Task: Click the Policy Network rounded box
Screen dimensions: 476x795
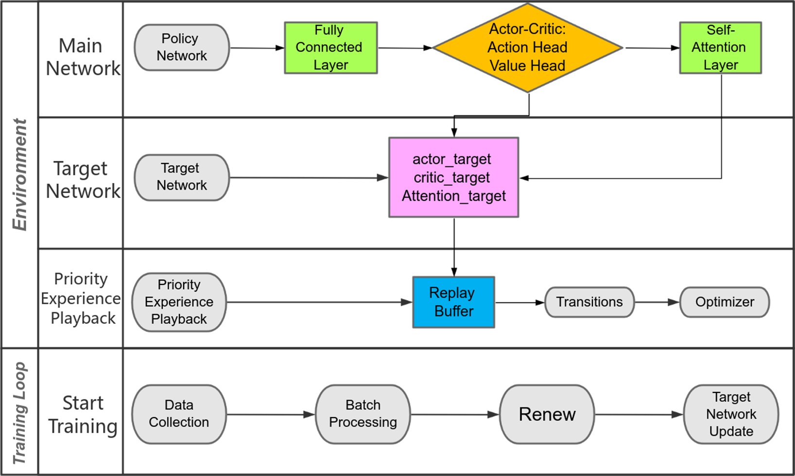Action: pyautogui.click(x=181, y=48)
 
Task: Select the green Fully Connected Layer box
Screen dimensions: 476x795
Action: pyautogui.click(x=330, y=48)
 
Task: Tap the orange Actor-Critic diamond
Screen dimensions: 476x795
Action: pyautogui.click(x=527, y=48)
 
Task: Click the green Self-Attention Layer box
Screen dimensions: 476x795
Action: pyautogui.click(x=720, y=48)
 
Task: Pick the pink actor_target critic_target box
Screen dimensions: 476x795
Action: pyautogui.click(x=453, y=177)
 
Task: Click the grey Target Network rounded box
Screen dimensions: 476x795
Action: pyautogui.click(x=181, y=177)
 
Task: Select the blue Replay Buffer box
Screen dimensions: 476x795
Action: pyautogui.click(x=453, y=302)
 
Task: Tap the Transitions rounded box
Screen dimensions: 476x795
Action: pyautogui.click(x=589, y=302)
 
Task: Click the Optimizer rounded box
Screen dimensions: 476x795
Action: pyautogui.click(x=724, y=302)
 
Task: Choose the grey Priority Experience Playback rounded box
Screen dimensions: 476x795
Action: pyautogui.click(x=179, y=302)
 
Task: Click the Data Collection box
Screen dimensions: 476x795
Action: pyautogui.click(x=179, y=414)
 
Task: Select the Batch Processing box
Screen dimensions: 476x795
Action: pyautogui.click(x=363, y=414)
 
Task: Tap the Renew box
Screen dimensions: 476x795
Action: pyautogui.click(x=547, y=414)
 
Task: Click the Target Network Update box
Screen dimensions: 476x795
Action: pyautogui.click(x=731, y=414)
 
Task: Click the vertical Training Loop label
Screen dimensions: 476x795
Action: pyautogui.click(x=19, y=412)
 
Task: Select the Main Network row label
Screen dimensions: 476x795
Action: pyautogui.click(x=82, y=57)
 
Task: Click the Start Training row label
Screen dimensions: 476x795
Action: pyautogui.click(x=83, y=414)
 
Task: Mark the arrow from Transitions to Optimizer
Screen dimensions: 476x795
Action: pyautogui.click(x=657, y=302)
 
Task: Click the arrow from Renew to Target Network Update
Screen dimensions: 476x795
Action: pyautogui.click(x=639, y=414)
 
